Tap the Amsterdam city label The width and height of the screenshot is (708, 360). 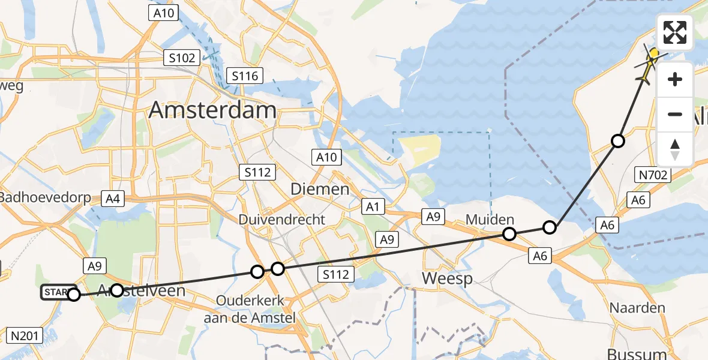point(212,110)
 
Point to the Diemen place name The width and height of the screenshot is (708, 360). point(319,189)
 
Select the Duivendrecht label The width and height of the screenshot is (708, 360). point(281,219)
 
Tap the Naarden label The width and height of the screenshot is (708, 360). point(637,308)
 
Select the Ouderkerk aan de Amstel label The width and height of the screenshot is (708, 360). point(250,310)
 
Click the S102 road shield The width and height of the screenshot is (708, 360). point(181,58)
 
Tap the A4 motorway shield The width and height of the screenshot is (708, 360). point(112,199)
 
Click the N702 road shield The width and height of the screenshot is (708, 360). point(652,175)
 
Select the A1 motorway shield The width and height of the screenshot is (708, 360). point(373,207)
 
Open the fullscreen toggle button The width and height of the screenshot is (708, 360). point(675,32)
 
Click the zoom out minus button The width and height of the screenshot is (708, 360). point(675,114)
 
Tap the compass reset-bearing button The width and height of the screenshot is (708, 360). point(675,149)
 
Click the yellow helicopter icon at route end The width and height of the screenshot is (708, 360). point(649,65)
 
